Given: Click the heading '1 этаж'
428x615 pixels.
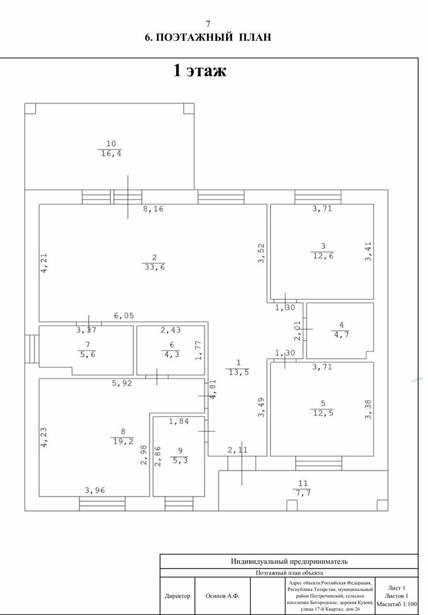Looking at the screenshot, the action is click(x=199, y=71).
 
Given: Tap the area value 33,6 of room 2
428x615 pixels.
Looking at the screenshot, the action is click(x=154, y=268).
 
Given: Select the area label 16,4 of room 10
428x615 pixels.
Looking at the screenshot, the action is click(x=110, y=153).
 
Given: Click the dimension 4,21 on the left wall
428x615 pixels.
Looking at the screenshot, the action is click(x=44, y=264).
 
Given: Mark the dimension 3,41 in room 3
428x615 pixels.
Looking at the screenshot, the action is click(x=368, y=251).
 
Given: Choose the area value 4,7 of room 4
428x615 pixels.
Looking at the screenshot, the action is click(x=341, y=335).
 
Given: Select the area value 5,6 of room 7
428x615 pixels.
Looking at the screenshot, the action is click(x=86, y=355).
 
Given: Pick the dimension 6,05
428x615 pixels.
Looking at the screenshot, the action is click(x=123, y=316).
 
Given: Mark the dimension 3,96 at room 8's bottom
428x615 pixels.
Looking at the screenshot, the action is click(x=95, y=491).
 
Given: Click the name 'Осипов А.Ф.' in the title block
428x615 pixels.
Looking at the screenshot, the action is click(x=222, y=596).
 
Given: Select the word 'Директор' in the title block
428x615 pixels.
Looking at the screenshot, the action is click(x=177, y=596).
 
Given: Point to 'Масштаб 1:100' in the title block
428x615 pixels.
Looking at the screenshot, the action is click(x=396, y=604).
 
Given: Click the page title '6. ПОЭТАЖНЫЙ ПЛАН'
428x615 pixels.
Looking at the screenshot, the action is click(x=208, y=37).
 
